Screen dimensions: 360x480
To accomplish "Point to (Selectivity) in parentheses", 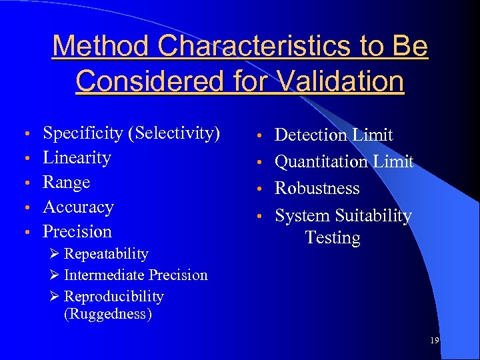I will tap(177, 133).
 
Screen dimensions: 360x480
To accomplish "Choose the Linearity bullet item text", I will tap(77, 158).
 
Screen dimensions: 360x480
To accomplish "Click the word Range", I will tap(66, 183).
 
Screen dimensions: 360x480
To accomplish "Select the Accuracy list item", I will tap(78, 207).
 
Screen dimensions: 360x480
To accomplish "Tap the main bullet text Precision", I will tap(77, 232).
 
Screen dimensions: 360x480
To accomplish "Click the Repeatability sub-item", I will tap(105, 254).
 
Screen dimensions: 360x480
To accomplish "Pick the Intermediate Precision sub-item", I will tap(135, 275).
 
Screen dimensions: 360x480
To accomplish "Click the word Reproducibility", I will tap(113, 297).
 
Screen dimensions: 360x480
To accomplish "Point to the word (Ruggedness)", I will tap(107, 314).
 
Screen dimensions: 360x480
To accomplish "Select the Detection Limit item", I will tap(333, 135).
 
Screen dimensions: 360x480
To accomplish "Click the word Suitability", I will tap(373, 216).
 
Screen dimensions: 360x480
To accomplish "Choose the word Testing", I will tap(333, 238).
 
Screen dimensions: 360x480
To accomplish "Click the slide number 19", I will tap(434, 341).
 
